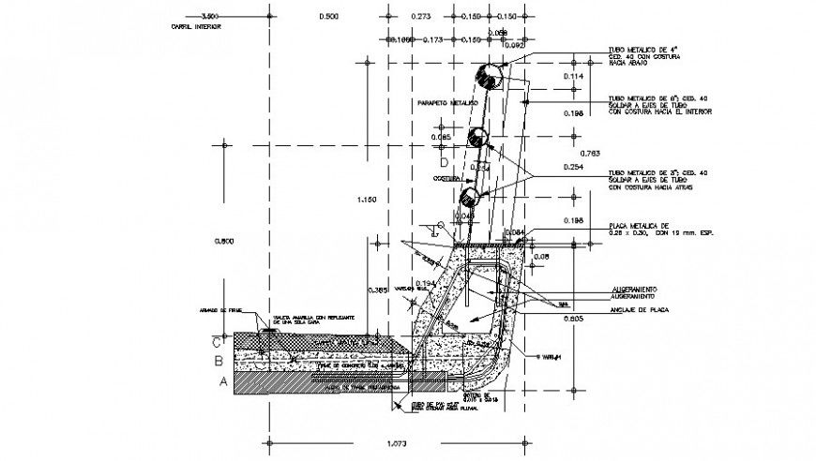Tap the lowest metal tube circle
pyautogui.click(x=468, y=198)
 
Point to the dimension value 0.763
pyautogui.click(x=590, y=152)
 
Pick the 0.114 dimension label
pyautogui.click(x=573, y=76)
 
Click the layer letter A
pyautogui.click(x=222, y=381)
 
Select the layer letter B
pyautogui.click(x=218, y=360)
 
